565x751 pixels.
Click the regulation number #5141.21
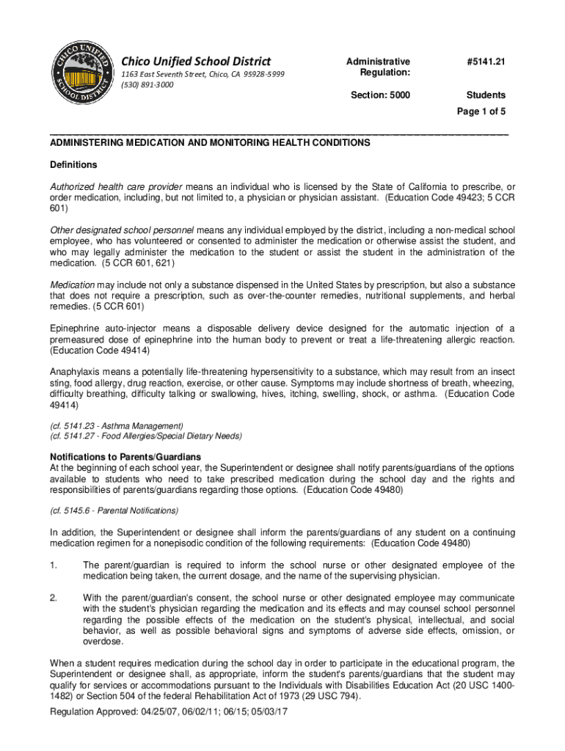pyautogui.click(x=486, y=62)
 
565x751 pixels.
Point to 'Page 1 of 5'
pyautogui.click(x=481, y=111)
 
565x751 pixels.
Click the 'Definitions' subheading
pyautogui.click(x=73, y=164)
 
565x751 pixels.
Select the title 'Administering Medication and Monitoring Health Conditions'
pyautogui.click(x=210, y=143)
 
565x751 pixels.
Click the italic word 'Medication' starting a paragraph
pyautogui.click(x=72, y=285)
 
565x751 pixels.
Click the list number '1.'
pyautogui.click(x=53, y=565)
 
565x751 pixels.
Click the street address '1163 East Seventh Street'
pyautogui.click(x=163, y=75)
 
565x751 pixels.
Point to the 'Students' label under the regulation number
pyautogui.click(x=486, y=95)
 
